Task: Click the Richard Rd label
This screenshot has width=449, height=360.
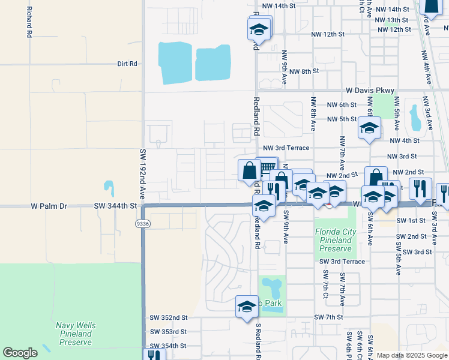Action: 28,23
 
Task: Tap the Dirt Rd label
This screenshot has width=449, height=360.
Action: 127,63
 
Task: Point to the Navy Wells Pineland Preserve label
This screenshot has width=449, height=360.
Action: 76,334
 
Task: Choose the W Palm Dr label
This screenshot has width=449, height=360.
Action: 49,206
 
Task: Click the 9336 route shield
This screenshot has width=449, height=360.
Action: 139,223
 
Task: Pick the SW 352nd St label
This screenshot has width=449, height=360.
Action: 167,318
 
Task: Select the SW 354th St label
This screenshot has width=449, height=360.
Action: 167,346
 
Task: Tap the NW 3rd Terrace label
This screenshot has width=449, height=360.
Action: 286,148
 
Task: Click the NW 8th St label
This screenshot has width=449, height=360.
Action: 303,71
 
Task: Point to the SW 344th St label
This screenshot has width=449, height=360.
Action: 116,206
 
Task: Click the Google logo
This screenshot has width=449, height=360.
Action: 20,353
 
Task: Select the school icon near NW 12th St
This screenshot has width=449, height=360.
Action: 259,29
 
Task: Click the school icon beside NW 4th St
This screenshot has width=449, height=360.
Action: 370,127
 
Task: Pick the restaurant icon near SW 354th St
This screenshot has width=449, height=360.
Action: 155,355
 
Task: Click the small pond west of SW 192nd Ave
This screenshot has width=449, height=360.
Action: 109,188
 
